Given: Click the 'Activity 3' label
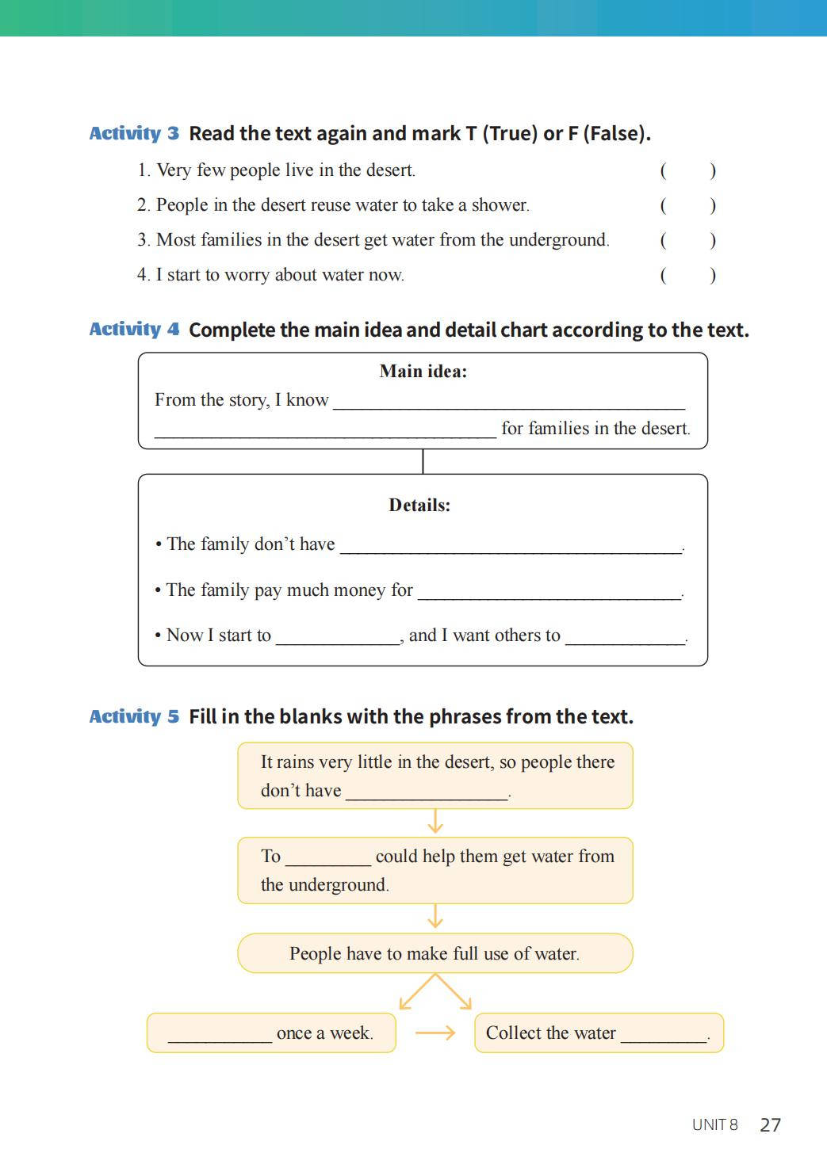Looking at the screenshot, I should click(134, 133).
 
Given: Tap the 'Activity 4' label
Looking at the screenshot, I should click(134, 329).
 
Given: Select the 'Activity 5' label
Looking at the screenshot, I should click(134, 716).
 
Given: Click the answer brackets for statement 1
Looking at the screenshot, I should click(687, 170).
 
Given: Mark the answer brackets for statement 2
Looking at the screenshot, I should click(687, 205).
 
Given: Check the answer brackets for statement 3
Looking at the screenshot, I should click(687, 240).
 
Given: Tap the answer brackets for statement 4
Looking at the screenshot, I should click(687, 275).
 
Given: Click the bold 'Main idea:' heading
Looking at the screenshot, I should click(423, 371).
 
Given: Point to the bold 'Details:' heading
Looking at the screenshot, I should click(419, 505).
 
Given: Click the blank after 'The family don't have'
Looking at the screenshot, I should click(510, 546).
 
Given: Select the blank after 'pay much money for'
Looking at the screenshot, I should click(549, 592).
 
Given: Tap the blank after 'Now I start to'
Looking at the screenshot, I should click(337, 637).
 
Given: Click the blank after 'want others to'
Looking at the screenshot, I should click(625, 637).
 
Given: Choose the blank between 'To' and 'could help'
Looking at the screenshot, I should click(327, 858).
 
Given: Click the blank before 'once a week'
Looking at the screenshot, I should click(220, 1035).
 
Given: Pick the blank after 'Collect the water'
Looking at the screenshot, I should click(664, 1035).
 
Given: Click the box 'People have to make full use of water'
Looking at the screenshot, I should click(435, 953).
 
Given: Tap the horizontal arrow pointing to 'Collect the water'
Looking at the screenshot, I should click(435, 1032).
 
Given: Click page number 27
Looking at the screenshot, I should click(770, 1125).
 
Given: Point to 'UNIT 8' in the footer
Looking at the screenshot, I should click(714, 1125).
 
